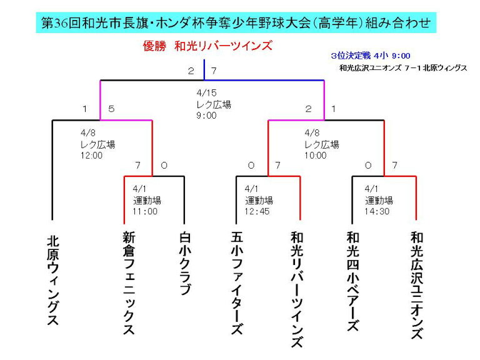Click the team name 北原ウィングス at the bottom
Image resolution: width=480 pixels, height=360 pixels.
52,280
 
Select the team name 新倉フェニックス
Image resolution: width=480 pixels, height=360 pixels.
129,282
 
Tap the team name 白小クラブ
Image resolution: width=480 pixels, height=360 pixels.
185,263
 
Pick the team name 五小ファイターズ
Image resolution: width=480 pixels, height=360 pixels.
237,282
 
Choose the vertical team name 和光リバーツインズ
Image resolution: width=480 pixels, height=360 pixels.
297,289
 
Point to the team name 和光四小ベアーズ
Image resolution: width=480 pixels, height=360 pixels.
352,281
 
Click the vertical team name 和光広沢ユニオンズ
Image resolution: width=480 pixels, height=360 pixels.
417,285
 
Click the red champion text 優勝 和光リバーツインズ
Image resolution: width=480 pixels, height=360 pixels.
207,46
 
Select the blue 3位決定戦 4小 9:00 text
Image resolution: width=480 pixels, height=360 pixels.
371,56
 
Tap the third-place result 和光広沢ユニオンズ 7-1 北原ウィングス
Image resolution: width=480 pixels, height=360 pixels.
403,68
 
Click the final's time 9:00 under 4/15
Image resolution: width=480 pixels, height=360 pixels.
206,116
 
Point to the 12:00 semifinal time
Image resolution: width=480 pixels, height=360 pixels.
91,155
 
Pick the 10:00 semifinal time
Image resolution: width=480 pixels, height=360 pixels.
315,155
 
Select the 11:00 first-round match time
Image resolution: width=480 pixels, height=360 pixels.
145,211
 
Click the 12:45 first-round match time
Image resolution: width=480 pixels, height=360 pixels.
257,211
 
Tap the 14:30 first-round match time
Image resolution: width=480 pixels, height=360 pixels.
377,211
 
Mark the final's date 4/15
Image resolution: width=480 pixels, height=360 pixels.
206,92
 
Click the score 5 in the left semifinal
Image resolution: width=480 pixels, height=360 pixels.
111,109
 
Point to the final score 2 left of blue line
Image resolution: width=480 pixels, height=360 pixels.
191,71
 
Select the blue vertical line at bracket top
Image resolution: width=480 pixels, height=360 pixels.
204,70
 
